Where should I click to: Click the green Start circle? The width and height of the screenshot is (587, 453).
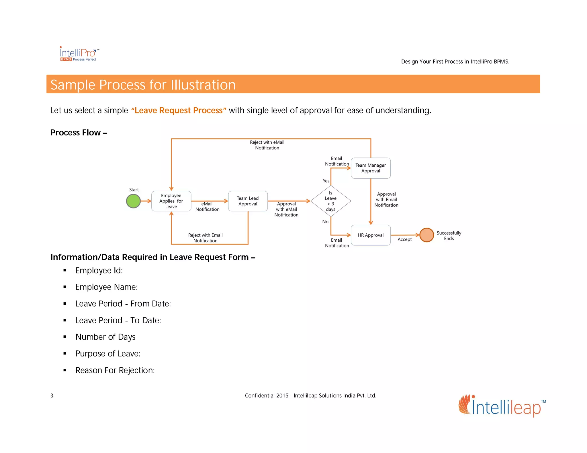pos(133,201)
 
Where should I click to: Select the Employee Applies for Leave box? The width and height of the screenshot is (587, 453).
pos(171,201)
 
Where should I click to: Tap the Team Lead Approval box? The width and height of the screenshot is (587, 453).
pos(248,201)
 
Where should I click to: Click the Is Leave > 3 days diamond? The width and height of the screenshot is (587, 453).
pos(330,201)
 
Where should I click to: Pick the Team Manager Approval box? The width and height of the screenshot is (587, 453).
pos(371,168)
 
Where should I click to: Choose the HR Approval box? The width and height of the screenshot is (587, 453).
pos(371,235)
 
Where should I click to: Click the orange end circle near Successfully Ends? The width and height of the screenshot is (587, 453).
pos(426,235)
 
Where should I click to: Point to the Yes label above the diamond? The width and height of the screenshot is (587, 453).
pos(326,181)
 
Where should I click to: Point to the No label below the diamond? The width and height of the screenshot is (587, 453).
pos(325,222)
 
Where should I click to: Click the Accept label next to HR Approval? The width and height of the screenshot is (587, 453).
pos(404,239)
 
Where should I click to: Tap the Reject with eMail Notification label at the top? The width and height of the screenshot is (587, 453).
pos(267,145)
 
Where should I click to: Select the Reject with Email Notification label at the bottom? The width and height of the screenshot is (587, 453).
pos(205,238)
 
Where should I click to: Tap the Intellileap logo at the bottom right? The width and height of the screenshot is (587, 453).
pos(502,406)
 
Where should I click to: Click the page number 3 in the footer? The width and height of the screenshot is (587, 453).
pos(52,396)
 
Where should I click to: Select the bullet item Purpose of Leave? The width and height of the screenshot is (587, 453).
pos(108,354)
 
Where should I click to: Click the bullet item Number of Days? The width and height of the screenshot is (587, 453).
pos(105,337)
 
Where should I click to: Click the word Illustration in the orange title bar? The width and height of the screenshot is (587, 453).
pos(203,85)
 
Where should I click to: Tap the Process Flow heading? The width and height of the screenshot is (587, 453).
pos(79,133)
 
